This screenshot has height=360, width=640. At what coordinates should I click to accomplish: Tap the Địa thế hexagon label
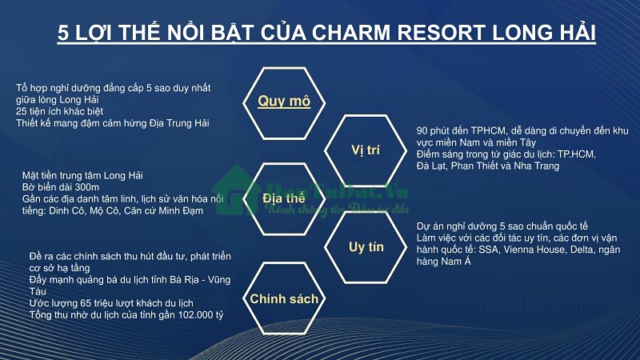tap(284, 198)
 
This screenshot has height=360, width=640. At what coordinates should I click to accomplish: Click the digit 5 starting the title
tap(63, 33)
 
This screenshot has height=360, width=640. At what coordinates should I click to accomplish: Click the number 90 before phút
tap(422, 131)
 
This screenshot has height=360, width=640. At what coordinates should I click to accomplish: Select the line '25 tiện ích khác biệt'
tap(59, 111)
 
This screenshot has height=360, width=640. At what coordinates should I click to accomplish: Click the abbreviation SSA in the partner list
tap(488, 250)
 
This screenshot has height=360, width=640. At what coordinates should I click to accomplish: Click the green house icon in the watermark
tap(236, 191)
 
